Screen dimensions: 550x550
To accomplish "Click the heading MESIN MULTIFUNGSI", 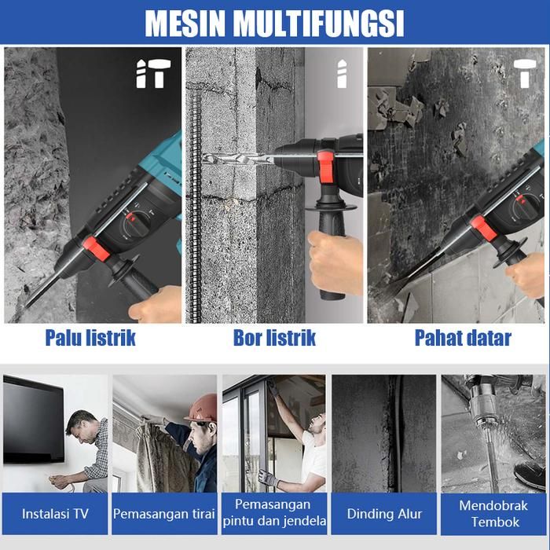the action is [274, 23].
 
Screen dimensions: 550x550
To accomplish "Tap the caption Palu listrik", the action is [90, 338].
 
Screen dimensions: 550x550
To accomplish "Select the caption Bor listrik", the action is [274, 338].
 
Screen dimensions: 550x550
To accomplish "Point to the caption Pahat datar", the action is [463, 338].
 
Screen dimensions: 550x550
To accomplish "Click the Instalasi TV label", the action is [55, 514].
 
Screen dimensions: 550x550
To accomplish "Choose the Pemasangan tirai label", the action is [164, 514].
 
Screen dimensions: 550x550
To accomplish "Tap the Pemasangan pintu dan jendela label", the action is [274, 513].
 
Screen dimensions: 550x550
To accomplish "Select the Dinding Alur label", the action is [384, 514].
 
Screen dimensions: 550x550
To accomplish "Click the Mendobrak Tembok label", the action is [493, 514].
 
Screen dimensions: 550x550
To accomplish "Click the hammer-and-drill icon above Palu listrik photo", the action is [153, 73].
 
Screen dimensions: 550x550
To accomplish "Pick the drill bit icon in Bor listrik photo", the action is [342, 74].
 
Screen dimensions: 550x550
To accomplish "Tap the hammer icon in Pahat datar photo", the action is [525, 73].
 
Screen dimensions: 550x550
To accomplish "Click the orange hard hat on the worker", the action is [202, 408].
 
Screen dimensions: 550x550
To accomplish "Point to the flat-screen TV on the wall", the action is [34, 419].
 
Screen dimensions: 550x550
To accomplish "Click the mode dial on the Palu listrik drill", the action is [136, 225].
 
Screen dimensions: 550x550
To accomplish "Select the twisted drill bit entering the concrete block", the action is [238, 159].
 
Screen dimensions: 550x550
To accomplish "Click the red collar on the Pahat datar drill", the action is [483, 229].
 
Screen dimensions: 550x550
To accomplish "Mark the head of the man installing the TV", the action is [82, 426].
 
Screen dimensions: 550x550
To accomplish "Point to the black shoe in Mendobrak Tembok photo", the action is [530, 475].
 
